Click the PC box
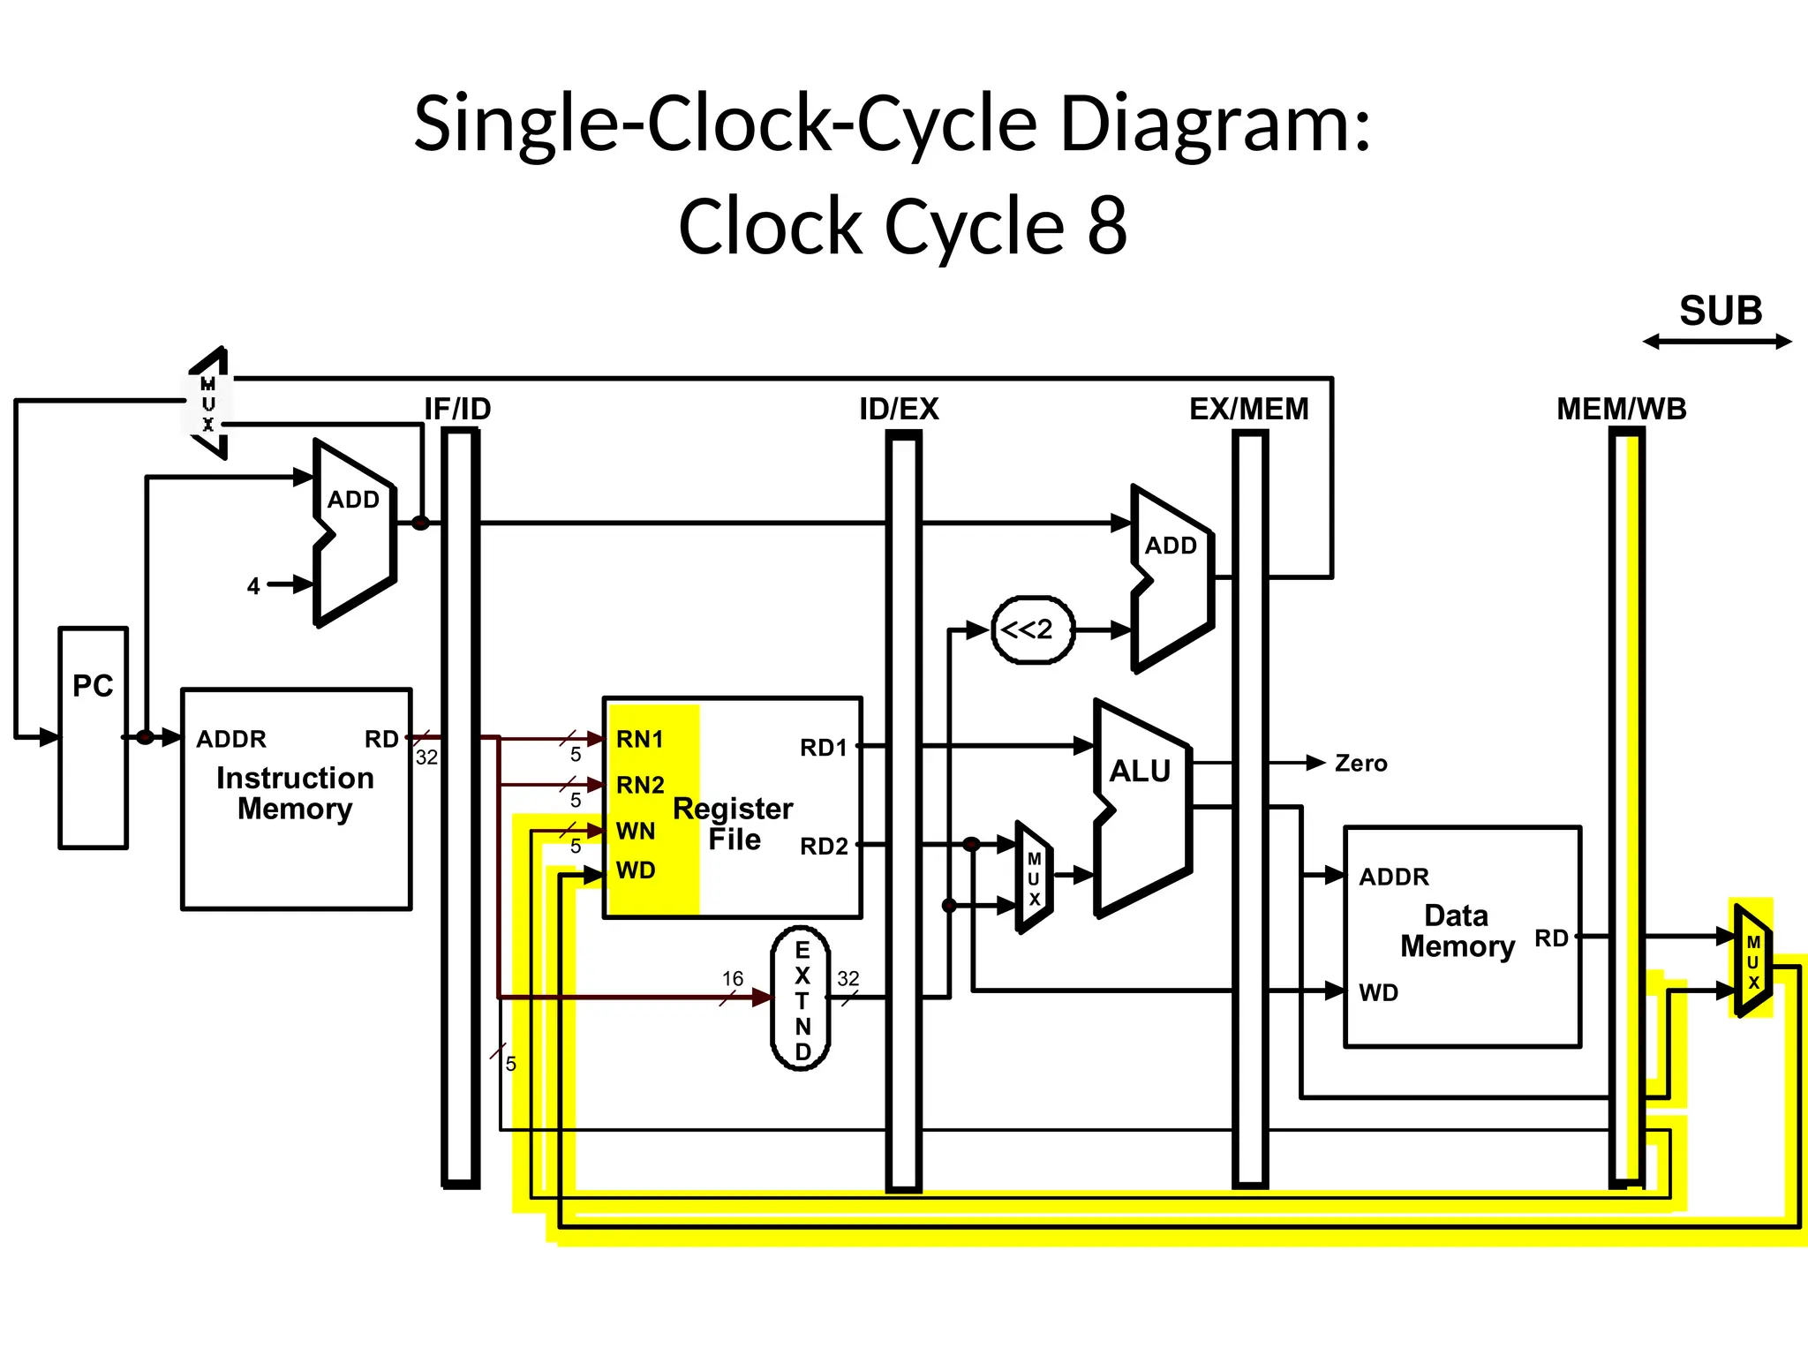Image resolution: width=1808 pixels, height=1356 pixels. tap(93, 737)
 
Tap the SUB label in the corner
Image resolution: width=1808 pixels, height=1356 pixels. tap(1720, 312)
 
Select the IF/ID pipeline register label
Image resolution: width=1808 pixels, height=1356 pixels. tap(457, 409)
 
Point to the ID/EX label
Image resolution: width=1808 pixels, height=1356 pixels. tap(899, 409)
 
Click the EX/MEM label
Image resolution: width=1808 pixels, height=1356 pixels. tap(1248, 409)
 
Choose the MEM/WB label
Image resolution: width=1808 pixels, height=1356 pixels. tap(1621, 409)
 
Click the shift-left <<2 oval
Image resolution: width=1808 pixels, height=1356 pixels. tap(1032, 629)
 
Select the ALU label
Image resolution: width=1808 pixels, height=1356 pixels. tap(1139, 772)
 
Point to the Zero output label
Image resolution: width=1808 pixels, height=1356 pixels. tap(1360, 764)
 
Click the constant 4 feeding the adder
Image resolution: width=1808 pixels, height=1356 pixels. tap(253, 586)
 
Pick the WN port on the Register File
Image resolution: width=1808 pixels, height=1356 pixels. tap(636, 831)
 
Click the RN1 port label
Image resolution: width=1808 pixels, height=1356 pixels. tap(639, 739)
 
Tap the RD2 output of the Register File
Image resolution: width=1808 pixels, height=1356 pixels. tap(823, 847)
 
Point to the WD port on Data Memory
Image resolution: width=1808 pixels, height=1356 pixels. tap(1378, 993)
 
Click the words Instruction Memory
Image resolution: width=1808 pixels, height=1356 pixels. tap(295, 793)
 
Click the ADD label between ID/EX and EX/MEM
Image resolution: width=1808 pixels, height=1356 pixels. tap(1170, 546)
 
